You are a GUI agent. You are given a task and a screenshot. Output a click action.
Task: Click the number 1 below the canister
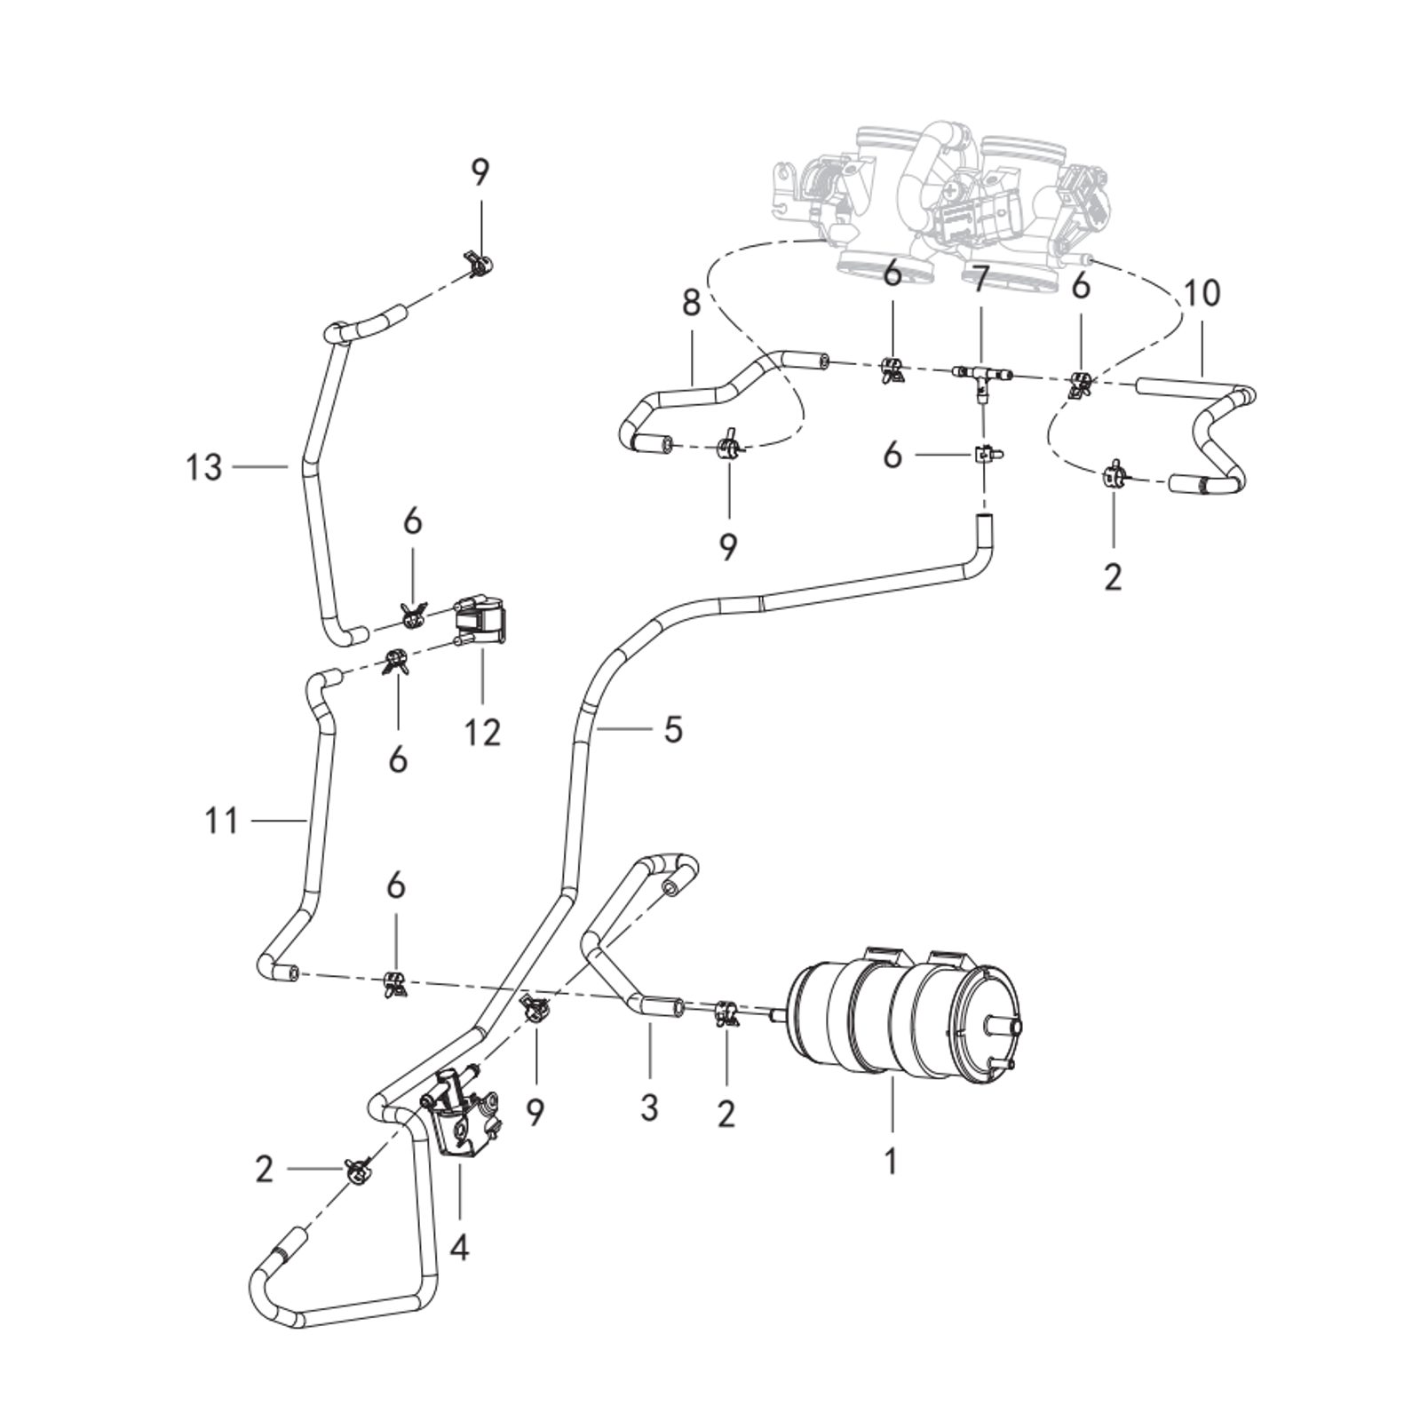click(890, 1160)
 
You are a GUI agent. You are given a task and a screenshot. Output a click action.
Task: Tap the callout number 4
click(458, 1248)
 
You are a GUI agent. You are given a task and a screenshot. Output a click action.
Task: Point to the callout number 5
click(672, 730)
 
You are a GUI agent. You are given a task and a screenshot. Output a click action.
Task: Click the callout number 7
click(980, 282)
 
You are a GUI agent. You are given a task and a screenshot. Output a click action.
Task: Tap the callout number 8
click(692, 302)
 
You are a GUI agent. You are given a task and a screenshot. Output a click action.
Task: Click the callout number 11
click(221, 821)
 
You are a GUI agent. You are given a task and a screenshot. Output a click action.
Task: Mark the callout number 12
click(482, 732)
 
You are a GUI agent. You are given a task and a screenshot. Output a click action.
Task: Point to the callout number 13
click(203, 466)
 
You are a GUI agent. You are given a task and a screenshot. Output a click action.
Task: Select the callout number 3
click(649, 1107)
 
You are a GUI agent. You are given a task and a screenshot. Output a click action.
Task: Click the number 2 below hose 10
click(1113, 576)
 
